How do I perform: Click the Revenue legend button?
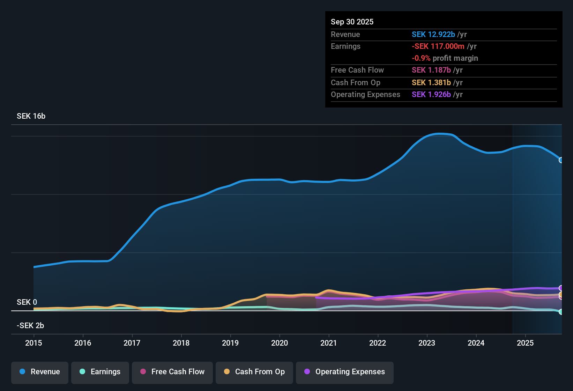[x=40, y=372]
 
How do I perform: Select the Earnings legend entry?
[x=100, y=372]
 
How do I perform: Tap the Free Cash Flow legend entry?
[x=172, y=372]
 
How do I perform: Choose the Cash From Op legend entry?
[x=254, y=372]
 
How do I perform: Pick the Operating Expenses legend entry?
[x=345, y=372]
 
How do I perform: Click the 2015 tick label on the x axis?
[x=34, y=343]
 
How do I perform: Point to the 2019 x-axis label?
[x=230, y=343]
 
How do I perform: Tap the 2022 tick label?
[x=378, y=343]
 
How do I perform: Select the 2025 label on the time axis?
[x=525, y=343]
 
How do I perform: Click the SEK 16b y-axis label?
[x=31, y=116]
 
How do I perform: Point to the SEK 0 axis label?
[x=27, y=302]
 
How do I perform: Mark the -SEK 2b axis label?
[x=30, y=326]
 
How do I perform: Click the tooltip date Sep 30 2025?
[x=352, y=22]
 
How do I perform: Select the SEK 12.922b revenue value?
[x=433, y=35]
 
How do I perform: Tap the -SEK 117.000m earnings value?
[x=438, y=46]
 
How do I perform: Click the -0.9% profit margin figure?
[x=421, y=58]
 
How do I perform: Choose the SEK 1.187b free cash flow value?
[x=431, y=70]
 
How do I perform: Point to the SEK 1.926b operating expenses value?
[x=431, y=95]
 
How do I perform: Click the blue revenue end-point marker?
[x=561, y=160]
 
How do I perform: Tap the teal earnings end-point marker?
[x=561, y=312]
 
